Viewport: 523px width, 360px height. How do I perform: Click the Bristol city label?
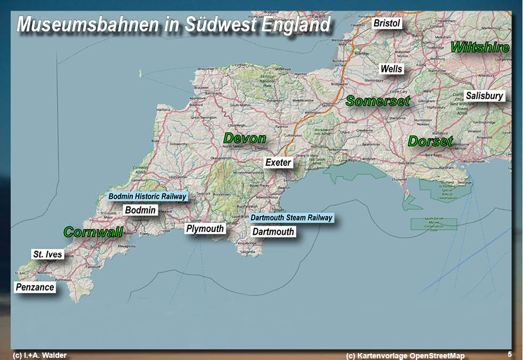387,23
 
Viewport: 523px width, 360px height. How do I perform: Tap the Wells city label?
391,69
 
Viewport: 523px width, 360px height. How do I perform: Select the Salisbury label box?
484,96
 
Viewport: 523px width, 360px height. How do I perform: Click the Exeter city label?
278,162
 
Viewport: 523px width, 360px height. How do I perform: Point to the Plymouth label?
205,229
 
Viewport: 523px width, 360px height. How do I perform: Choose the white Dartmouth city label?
273,231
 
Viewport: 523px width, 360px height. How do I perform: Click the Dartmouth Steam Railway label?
292,218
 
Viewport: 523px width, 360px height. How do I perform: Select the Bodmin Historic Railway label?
147,196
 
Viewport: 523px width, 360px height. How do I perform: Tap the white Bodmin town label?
140,210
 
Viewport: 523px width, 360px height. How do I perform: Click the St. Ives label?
47,254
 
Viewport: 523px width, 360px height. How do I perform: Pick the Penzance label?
35,287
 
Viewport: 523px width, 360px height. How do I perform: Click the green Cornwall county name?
93,232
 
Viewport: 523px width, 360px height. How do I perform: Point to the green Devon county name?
245,139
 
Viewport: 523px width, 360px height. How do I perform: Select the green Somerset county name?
378,100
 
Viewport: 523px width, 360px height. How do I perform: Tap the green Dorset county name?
430,141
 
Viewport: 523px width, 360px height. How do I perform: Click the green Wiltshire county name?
480,47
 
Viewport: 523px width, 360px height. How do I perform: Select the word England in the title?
296,25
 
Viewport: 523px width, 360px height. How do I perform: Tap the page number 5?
510,354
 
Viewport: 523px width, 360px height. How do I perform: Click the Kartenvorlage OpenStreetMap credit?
405,356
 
